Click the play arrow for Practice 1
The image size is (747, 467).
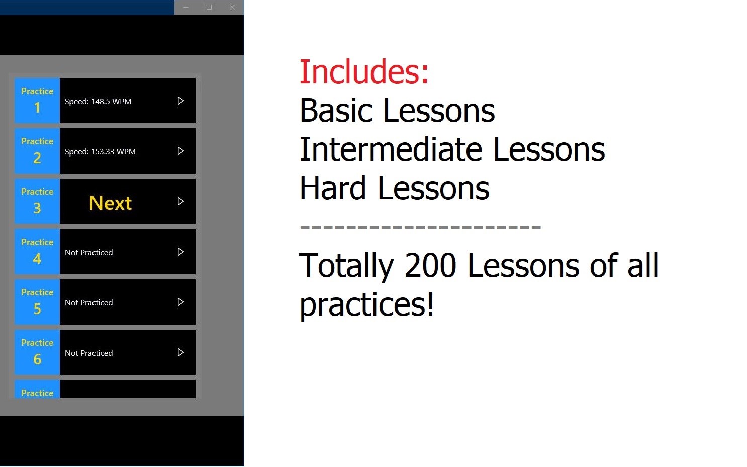pyautogui.click(x=180, y=101)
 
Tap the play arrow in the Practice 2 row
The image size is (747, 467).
pyautogui.click(x=180, y=151)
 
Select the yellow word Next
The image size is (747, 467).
pyautogui.click(x=111, y=203)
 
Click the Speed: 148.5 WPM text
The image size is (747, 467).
pyautogui.click(x=98, y=102)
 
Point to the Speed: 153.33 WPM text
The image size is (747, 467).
pyautogui.click(x=100, y=152)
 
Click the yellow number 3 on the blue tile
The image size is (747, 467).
pyautogui.click(x=37, y=208)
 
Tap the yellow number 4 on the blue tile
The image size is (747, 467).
pyautogui.click(x=37, y=259)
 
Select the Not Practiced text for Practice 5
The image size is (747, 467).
pyautogui.click(x=88, y=303)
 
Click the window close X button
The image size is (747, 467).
pyautogui.click(x=232, y=7)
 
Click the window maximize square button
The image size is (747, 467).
pyautogui.click(x=209, y=7)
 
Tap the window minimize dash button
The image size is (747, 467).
pyautogui.click(x=186, y=7)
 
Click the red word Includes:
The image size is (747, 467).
pyautogui.click(x=364, y=71)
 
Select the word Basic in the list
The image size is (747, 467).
pyautogui.click(x=336, y=111)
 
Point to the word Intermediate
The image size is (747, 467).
pyautogui.click(x=391, y=149)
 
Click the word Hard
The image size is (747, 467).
pyautogui.click(x=333, y=188)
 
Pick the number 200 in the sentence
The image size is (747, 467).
pyautogui.click(x=430, y=265)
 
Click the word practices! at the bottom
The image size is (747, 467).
pyautogui.click(x=367, y=304)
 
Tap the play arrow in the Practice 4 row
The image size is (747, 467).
pyautogui.click(x=180, y=252)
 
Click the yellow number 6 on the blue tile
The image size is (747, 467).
pyautogui.click(x=37, y=359)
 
